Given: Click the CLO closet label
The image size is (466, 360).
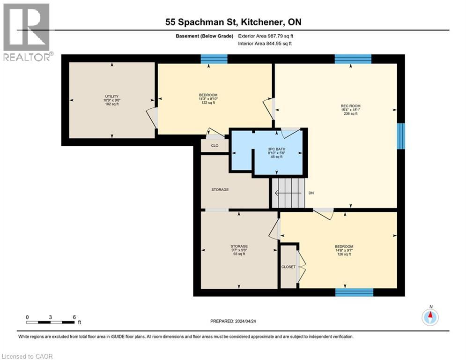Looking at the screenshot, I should [215, 146].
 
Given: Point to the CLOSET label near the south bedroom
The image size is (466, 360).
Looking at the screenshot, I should [288, 267].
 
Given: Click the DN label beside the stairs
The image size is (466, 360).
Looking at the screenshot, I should [311, 193].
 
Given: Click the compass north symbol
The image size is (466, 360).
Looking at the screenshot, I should [430, 317].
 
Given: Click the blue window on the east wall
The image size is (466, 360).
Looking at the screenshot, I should [401, 136].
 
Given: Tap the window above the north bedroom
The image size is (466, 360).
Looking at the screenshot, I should [214, 59].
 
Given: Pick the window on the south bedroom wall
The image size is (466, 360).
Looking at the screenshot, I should [354, 292].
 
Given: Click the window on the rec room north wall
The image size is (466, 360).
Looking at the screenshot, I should [353, 59].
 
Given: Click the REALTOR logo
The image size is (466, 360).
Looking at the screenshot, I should [27, 32].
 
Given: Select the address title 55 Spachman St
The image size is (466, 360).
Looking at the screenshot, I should [233, 22].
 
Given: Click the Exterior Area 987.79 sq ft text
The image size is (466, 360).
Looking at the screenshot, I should [266, 36].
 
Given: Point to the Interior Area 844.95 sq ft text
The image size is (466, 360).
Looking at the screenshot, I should [265, 44].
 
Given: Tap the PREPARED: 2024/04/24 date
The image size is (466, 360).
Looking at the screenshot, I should [235, 321].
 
